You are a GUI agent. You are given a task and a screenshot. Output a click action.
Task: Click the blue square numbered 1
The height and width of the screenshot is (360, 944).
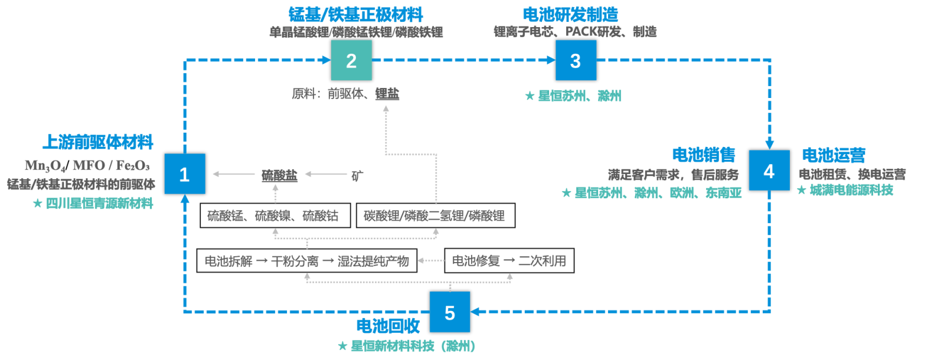pos(184,174)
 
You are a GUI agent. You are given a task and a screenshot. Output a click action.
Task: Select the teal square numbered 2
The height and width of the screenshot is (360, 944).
pos(351,60)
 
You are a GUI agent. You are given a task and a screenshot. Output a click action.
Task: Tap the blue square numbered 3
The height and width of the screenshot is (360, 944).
pos(576,60)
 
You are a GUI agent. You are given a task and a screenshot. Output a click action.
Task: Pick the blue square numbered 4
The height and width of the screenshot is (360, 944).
pos(769,171)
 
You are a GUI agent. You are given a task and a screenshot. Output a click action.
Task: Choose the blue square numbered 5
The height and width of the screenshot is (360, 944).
pos(449,312)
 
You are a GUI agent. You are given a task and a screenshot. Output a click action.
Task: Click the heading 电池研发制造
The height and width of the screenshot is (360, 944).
pos(570,14)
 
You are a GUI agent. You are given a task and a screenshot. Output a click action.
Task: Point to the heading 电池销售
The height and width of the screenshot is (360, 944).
pos(704,155)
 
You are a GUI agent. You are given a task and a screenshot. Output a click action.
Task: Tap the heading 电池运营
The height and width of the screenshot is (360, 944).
pos(834,155)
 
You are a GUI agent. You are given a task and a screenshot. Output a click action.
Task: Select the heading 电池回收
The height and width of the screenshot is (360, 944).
pos(388,325)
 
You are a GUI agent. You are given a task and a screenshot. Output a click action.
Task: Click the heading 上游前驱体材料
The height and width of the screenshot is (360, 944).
pos(98,142)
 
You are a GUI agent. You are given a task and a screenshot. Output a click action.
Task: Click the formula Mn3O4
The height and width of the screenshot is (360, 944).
pos(45,165)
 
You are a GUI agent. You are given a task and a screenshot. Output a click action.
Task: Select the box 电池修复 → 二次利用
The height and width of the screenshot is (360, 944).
pos(509,260)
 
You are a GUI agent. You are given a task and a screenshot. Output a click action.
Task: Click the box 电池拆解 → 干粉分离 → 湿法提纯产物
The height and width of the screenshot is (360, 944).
pos(306,260)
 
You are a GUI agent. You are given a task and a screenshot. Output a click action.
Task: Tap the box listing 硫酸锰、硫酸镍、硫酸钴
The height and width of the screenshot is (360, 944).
pos(275,215)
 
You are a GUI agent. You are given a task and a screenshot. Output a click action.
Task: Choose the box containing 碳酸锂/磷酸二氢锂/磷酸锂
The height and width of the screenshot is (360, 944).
pos(435,215)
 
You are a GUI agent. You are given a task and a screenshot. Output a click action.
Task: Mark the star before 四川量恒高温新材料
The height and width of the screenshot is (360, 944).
pos(38,204)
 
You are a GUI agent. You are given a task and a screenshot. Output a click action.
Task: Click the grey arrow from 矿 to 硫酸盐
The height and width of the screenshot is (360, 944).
pos(326,174)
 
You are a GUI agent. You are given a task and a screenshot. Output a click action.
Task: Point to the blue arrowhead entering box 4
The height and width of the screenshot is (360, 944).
pos(769,145)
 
